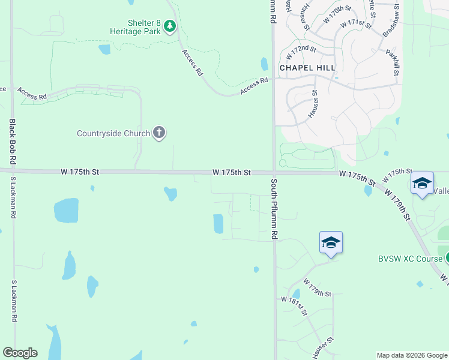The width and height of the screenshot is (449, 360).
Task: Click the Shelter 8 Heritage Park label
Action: click(135, 26)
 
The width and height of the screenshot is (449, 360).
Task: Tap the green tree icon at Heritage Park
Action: click(170, 26)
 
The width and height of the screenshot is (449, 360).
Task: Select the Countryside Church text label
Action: click(114, 133)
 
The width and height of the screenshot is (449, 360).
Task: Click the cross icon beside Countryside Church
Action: click(159, 133)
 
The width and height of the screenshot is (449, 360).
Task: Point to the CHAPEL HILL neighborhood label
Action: click(307, 68)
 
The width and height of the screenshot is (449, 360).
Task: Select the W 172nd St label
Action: click(301, 52)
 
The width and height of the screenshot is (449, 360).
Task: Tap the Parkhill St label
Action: click(393, 62)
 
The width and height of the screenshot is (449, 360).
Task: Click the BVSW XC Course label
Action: click(410, 259)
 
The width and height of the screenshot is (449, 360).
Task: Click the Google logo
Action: click(20, 353)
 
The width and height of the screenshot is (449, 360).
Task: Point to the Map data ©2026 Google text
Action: click(412, 355)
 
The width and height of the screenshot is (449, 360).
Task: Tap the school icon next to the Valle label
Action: click(422, 183)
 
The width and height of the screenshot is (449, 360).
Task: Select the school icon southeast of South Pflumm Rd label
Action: click(331, 243)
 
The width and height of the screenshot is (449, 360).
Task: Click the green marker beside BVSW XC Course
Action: click(447, 258)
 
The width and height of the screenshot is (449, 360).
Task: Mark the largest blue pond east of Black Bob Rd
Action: click(66, 211)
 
